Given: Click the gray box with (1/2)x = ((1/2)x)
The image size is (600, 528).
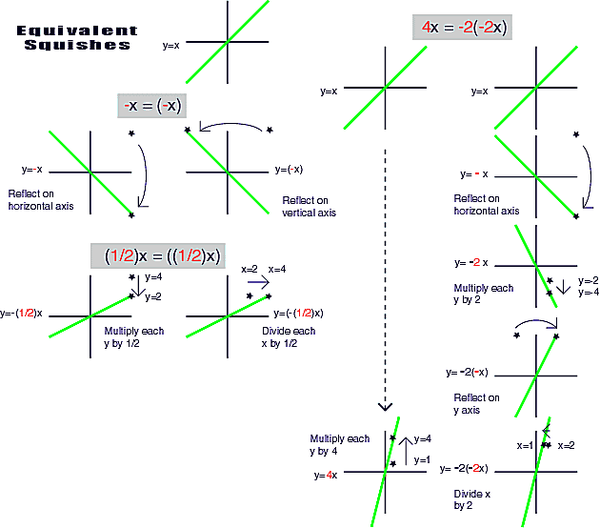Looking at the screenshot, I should tap(156, 255).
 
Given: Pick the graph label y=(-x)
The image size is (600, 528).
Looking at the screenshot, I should tap(288, 170).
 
